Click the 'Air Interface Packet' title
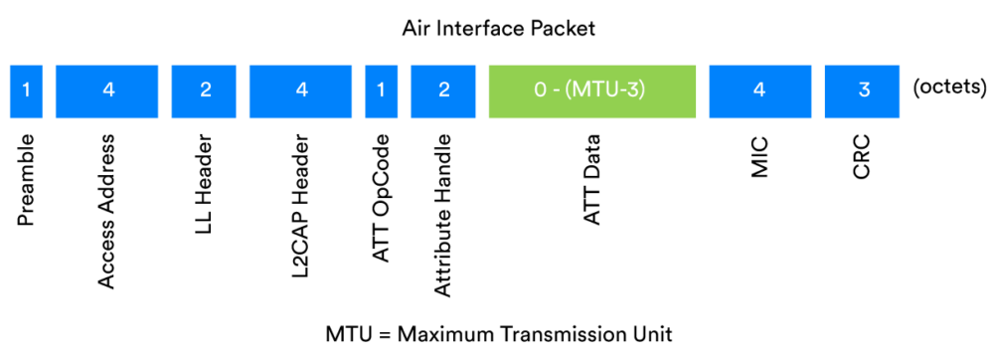(x=498, y=28)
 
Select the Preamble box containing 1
(x=26, y=90)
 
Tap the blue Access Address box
(x=108, y=90)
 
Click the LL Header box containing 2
(x=205, y=90)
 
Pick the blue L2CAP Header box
(x=302, y=90)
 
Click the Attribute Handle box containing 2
(x=444, y=90)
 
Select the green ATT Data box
(x=590, y=90)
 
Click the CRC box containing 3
(x=864, y=90)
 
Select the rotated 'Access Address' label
(x=108, y=209)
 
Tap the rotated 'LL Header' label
(x=205, y=185)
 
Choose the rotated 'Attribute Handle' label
(x=444, y=214)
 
